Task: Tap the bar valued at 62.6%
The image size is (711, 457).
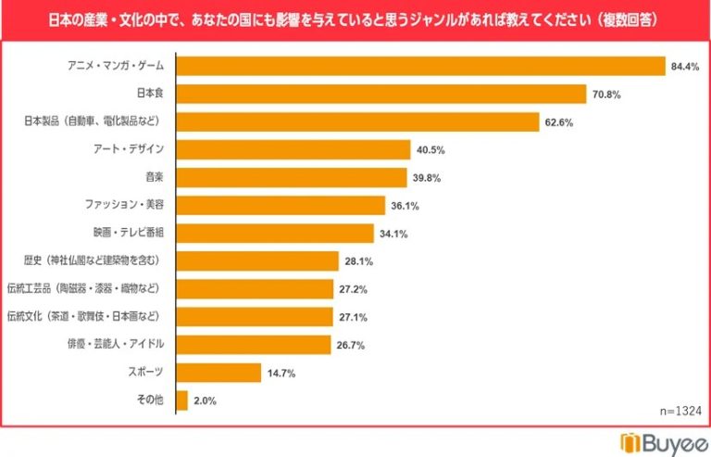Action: click(x=357, y=121)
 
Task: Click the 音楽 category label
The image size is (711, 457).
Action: click(x=154, y=177)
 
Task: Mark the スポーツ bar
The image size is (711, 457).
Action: click(x=218, y=373)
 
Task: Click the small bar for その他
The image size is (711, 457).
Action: click(x=181, y=400)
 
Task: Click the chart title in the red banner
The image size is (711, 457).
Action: click(x=355, y=18)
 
